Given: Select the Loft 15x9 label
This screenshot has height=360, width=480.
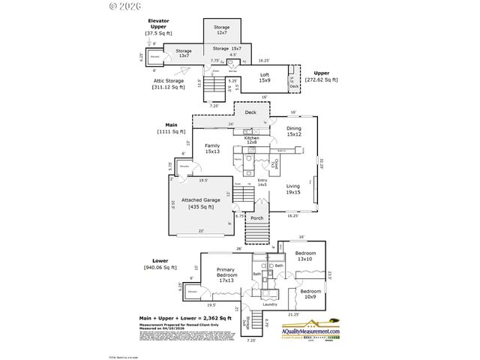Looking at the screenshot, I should tap(265, 77).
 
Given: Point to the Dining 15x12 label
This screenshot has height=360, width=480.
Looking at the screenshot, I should tap(293, 130).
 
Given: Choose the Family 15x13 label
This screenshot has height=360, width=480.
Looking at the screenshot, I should tap(212, 148).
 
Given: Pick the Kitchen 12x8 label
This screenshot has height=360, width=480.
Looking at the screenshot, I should tap(251, 139).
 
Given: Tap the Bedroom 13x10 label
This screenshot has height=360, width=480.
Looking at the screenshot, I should tap(305, 256).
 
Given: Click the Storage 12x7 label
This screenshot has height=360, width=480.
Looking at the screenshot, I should tap(221, 30).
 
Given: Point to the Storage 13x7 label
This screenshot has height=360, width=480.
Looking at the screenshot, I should tap(184, 53).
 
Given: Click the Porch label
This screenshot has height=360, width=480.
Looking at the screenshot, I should tap(257, 220).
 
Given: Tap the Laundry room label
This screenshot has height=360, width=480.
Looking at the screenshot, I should tap(270, 304).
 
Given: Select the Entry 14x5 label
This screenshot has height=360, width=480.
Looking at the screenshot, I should tap(262, 181).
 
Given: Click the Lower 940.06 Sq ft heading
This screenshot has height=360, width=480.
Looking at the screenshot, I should tap(160, 263).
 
